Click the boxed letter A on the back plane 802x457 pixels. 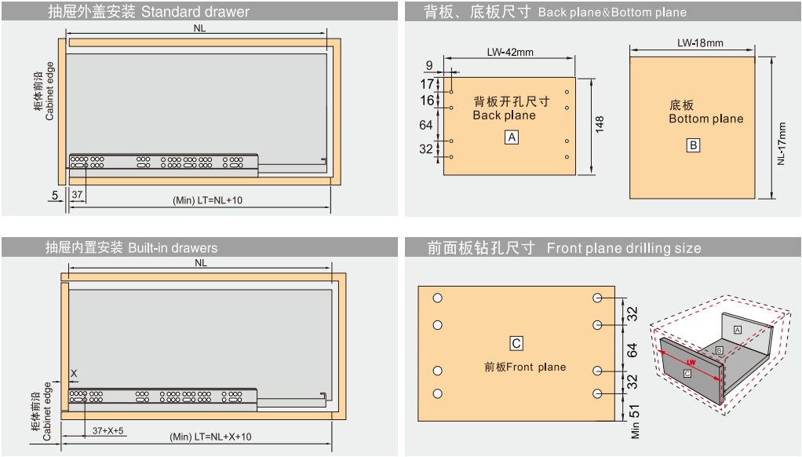tap(512, 137)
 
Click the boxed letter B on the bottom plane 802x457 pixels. tap(693, 145)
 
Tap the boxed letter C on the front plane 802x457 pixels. tap(516, 343)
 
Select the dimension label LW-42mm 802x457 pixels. tap(510, 52)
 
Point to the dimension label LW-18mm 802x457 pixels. tap(700, 43)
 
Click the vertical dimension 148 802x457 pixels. tap(600, 124)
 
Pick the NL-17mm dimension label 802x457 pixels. tap(781, 143)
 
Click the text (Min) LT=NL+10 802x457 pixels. tap(208, 200)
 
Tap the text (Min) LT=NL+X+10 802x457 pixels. tap(211, 437)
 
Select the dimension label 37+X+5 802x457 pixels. tap(108, 431)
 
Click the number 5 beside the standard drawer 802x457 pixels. tap(55, 195)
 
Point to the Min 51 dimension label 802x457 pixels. tap(635, 422)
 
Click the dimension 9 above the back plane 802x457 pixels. tap(429, 65)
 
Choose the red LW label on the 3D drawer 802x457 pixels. tap(691, 362)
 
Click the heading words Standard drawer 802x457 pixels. tap(195, 12)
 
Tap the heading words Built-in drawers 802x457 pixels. tap(173, 248)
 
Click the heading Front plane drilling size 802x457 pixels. tap(624, 248)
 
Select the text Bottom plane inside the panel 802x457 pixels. tap(705, 119)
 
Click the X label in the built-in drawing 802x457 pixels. tap(74, 374)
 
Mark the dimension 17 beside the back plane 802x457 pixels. tap(427, 84)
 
